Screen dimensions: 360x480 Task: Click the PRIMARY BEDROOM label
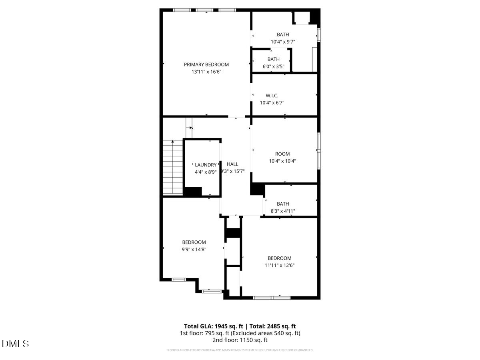[x=206, y=64]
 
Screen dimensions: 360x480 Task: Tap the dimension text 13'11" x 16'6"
[x=206, y=72]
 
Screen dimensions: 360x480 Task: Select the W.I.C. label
[x=272, y=96]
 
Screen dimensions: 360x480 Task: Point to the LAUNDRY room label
[x=206, y=165]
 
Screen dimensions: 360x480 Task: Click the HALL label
[x=232, y=164]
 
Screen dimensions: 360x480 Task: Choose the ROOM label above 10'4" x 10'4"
[x=282, y=154]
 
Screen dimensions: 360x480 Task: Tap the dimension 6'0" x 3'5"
[x=274, y=66]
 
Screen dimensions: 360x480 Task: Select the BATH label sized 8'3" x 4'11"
[x=282, y=204]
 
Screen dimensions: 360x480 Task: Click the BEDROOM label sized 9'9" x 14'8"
[x=194, y=242]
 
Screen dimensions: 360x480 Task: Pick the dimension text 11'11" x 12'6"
[x=280, y=265]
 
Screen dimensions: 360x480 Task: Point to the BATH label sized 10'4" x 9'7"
[x=282, y=34]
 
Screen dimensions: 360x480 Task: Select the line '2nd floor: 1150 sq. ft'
[x=240, y=340]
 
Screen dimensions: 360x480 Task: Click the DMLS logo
[x=15, y=344]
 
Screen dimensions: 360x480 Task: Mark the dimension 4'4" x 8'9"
[x=206, y=172]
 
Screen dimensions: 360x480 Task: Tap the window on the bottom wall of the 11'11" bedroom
[x=272, y=298]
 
